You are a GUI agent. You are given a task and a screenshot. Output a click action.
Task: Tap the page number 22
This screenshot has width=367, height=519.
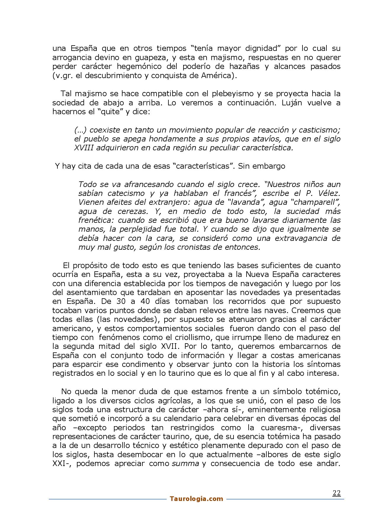(x=337, y=493)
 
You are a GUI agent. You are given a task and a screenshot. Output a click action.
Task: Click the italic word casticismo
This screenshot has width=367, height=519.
(x=319, y=130)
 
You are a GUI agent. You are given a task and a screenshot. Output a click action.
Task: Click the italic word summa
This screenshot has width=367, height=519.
(x=185, y=464)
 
